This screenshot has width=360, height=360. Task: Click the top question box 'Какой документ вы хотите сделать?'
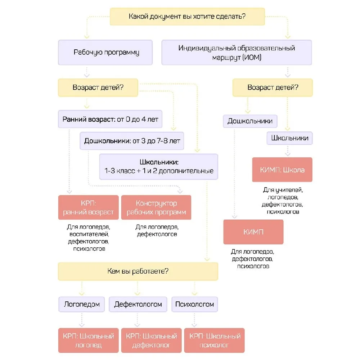click(187, 17)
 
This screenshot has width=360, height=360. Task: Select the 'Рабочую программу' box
click(105, 52)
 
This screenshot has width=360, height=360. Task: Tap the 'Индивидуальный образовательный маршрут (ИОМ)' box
click(237, 52)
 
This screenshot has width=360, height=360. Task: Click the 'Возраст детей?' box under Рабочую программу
click(98, 87)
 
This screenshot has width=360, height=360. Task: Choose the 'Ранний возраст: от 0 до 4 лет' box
click(110, 119)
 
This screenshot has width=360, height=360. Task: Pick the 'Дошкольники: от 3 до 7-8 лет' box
click(132, 141)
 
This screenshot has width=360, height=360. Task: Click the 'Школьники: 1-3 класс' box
click(159, 167)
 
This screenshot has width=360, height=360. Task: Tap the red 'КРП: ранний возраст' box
click(89, 207)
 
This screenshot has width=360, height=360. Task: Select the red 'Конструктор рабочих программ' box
click(156, 207)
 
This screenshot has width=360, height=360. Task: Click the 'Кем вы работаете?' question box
click(138, 271)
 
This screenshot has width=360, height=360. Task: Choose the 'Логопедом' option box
click(81, 304)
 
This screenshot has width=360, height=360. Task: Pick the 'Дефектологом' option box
click(138, 304)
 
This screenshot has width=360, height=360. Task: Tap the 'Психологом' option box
click(194, 304)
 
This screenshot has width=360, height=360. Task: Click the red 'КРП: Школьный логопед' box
click(89, 340)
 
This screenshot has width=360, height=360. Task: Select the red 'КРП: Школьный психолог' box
click(214, 340)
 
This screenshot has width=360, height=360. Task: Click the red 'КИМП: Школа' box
click(282, 170)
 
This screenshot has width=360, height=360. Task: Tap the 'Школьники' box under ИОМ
click(289, 138)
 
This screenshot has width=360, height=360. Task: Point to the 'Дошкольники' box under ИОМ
click(250, 121)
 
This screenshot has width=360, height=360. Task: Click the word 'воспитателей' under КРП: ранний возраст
click(89, 234)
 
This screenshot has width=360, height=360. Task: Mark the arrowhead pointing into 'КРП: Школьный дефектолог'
click(137, 325)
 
